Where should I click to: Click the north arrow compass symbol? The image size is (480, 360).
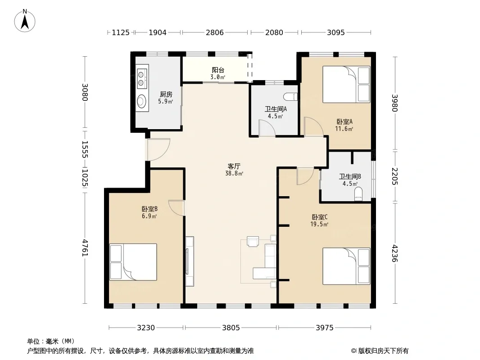tap(25, 21)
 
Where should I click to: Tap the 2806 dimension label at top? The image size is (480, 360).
tap(215, 32)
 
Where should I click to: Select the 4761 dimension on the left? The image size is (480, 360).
tap(85, 248)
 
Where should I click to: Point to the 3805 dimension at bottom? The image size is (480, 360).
tap(231, 328)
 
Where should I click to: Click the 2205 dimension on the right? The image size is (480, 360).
tap(394, 176)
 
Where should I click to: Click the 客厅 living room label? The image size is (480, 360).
tap(234, 166)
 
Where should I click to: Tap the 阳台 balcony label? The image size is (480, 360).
tap(218, 70)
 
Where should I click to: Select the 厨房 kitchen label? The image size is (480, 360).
tap(166, 94)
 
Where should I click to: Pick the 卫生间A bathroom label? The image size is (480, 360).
tap(276, 109)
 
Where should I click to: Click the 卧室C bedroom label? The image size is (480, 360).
tap(320, 217)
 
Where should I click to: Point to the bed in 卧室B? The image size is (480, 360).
tap(133, 262)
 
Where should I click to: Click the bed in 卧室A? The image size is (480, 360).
tap(346, 85)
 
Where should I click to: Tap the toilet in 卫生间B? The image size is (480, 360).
tap(358, 194)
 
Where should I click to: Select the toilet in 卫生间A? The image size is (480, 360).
tap(290, 97)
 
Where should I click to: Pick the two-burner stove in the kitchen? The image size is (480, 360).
tap(142, 78)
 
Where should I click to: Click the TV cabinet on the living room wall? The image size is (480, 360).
tap(190, 261)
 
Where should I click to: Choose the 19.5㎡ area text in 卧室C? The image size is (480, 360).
tap(319, 225)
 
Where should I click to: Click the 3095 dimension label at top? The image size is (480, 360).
tap(336, 32)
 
